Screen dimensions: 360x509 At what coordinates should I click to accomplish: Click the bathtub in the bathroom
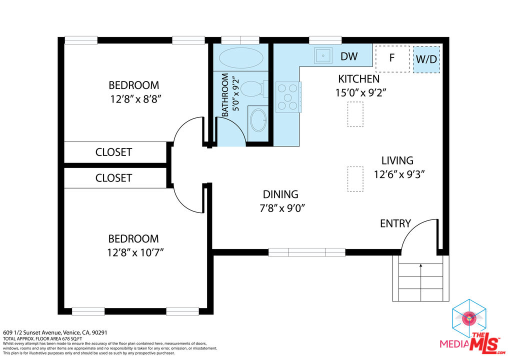coord(240,57)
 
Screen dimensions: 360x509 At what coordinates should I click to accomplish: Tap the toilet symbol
coord(252,89)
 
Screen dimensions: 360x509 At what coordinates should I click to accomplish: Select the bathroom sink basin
coord(258,120)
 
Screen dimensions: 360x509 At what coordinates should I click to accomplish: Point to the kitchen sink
coord(323,55)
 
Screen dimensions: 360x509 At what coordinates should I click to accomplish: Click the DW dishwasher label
coord(349,56)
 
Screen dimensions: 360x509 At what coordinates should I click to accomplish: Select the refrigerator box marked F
coord(392,58)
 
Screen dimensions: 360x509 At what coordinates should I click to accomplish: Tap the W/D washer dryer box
coord(426,59)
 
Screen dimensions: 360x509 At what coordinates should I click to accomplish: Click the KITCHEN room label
coord(358,79)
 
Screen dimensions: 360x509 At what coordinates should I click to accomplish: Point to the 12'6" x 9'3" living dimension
coord(399,174)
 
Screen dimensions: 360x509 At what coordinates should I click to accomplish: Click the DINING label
coord(280,194)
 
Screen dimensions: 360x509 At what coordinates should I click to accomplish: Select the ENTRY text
coord(395,223)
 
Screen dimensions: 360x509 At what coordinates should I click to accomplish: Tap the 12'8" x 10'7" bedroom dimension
coord(135,252)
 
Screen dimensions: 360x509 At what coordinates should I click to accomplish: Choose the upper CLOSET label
coord(113,152)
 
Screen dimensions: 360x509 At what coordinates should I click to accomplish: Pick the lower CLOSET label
coord(113,178)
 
